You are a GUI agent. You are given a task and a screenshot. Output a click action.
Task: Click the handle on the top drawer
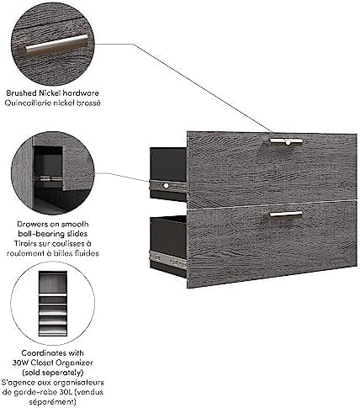(286, 141)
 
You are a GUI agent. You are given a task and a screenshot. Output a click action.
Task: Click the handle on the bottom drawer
(286, 215)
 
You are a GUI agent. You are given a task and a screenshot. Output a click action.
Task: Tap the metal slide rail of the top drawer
(168, 186)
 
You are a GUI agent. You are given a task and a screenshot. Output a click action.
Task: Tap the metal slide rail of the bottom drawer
(168, 259)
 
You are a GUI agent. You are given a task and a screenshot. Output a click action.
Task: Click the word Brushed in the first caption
(22, 93)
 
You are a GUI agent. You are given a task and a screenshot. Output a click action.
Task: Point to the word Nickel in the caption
(50, 93)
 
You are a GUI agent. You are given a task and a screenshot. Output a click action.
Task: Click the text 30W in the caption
(20, 363)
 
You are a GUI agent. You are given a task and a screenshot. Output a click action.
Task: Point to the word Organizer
(74, 363)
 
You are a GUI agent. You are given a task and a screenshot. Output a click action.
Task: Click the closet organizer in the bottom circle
(53, 304)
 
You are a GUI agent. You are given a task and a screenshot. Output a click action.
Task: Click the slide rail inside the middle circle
(49, 178)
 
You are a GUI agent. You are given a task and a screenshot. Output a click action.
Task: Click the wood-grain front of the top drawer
(272, 170)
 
